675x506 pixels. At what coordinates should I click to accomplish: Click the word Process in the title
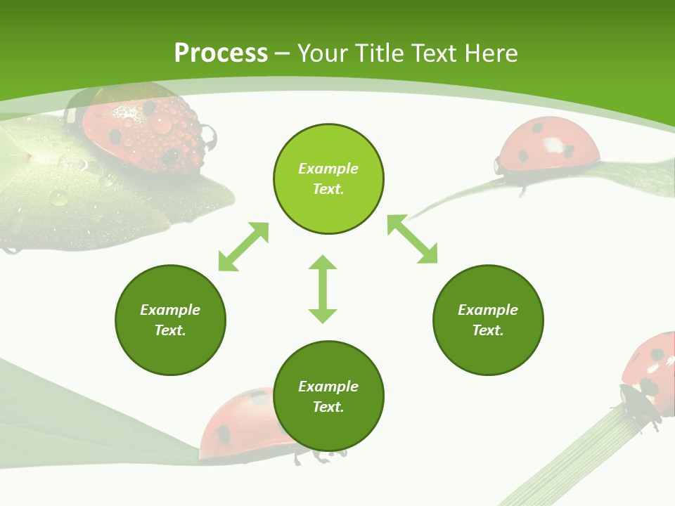click(221, 53)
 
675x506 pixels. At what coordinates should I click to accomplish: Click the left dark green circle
click(170, 320)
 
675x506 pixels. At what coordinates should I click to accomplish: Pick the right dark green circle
click(488, 320)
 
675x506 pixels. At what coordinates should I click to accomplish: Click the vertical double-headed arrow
click(323, 289)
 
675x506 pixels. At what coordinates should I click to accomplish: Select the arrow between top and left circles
click(243, 247)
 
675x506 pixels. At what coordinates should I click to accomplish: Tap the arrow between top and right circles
click(412, 240)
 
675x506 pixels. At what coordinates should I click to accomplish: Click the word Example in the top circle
click(328, 169)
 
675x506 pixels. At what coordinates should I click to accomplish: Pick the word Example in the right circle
click(488, 310)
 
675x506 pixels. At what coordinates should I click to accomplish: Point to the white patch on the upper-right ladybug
click(553, 145)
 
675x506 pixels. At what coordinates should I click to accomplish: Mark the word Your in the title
click(321, 53)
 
